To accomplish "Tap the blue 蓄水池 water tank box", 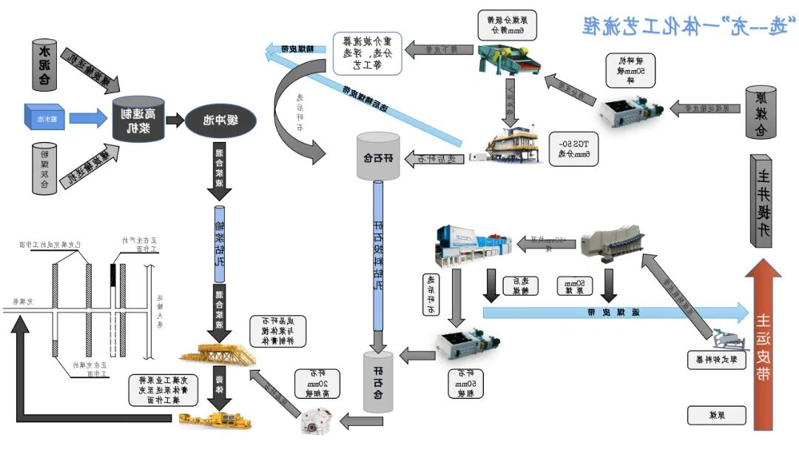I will point(45,116).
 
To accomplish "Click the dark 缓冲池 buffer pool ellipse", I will point(220,119).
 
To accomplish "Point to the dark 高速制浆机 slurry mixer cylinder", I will point(138,118).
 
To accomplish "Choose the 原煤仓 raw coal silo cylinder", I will point(759,112).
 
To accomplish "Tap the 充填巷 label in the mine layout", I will point(23,301).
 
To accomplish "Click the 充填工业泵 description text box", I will point(164,389).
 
